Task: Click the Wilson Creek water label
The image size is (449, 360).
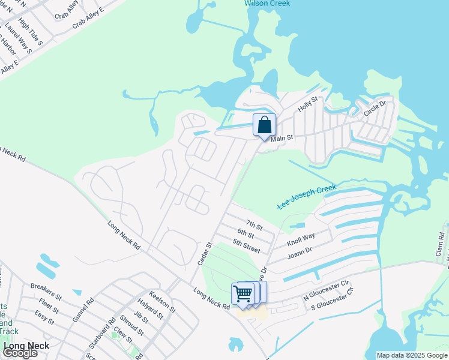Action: click(x=267, y=4)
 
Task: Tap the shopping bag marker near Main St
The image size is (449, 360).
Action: click(x=264, y=125)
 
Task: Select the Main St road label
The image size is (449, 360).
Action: click(x=281, y=139)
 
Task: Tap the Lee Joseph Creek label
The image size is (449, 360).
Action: click(x=307, y=197)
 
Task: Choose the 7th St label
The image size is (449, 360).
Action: click(x=254, y=226)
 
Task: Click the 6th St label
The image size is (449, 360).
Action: click(x=246, y=234)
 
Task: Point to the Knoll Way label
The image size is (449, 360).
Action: click(x=301, y=239)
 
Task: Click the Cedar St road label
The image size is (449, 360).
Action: click(x=205, y=254)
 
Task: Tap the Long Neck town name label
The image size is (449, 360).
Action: click(x=26, y=346)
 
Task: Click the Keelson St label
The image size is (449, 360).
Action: click(x=162, y=302)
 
